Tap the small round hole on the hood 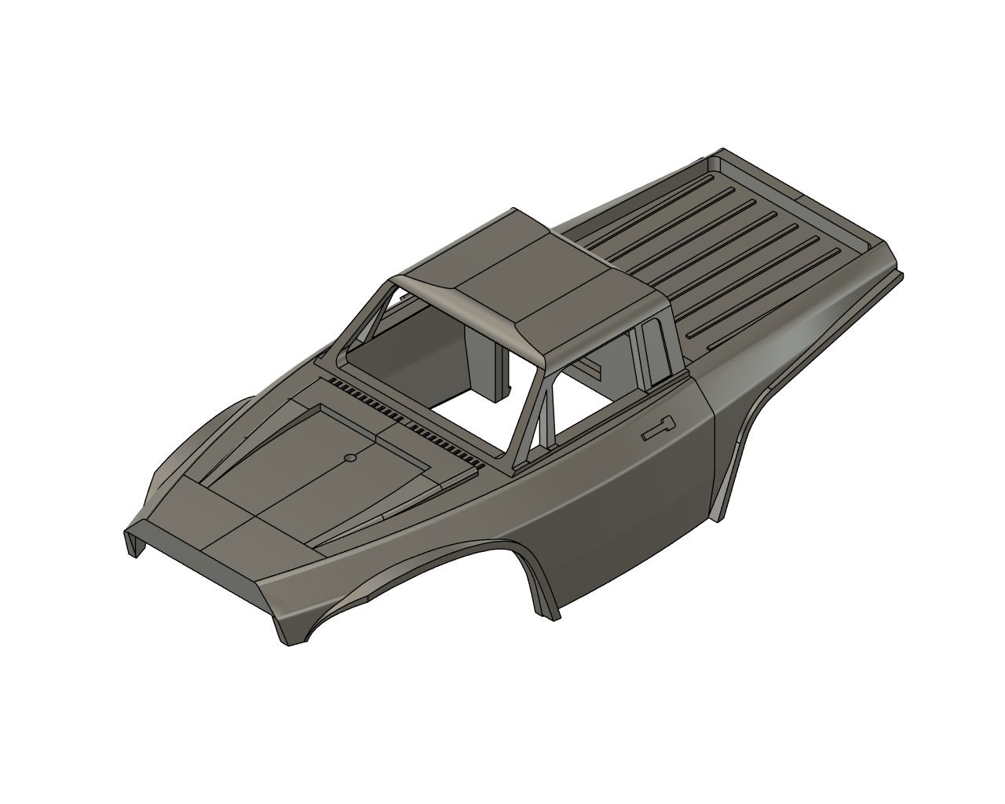pyautogui.click(x=350, y=456)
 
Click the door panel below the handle pyautogui.click(x=628, y=502)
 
